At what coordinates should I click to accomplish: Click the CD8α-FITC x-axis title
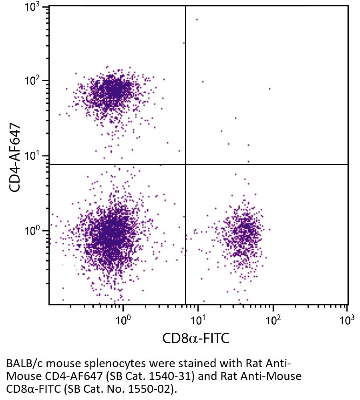[x=196, y=339]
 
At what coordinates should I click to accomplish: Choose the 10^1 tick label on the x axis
[x=198, y=320]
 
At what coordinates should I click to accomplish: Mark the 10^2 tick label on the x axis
[x=273, y=320]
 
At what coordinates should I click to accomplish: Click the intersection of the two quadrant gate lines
[x=185, y=164]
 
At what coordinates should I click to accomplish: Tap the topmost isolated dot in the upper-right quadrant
[x=197, y=19]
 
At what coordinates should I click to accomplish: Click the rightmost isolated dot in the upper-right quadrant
[x=269, y=89]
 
